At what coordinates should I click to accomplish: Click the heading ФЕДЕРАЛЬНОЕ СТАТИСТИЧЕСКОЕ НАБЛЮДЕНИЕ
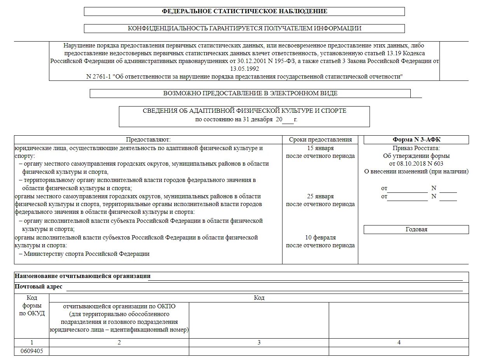[244, 11]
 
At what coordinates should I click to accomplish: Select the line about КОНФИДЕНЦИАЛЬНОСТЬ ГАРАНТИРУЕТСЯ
[244, 28]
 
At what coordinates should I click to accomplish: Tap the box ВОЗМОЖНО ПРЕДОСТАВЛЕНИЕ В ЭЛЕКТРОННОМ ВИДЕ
[250, 93]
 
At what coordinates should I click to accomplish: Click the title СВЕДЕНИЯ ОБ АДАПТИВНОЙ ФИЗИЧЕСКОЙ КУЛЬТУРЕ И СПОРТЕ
[244, 111]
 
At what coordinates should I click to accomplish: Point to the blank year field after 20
[288, 120]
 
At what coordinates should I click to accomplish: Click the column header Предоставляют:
[148, 140]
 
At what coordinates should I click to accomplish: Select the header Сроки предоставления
[320, 140]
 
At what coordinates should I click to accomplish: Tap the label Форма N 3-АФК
[416, 140]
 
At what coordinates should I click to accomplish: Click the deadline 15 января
[320, 148]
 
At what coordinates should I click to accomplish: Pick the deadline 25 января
[320, 196]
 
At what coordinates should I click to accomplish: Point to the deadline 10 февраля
[320, 238]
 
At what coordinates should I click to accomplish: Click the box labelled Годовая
[416, 229]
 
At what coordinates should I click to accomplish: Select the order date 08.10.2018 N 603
[416, 164]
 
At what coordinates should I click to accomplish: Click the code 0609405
[31, 351]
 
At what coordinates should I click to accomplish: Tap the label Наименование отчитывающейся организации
[82, 276]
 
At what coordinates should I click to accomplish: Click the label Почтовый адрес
[38, 287]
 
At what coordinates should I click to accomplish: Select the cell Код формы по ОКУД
[32, 306]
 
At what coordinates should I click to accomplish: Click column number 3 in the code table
[259, 343]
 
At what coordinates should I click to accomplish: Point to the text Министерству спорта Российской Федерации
[86, 254]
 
